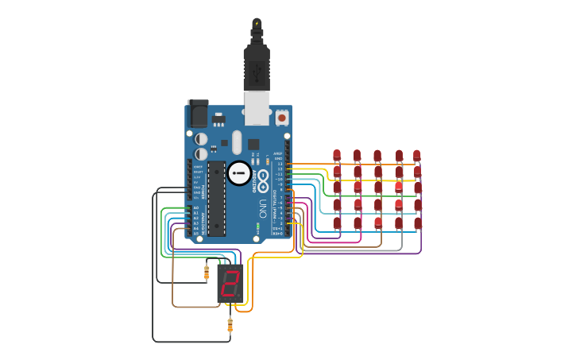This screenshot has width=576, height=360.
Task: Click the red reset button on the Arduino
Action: (x=282, y=118)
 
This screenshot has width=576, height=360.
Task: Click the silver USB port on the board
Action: (x=257, y=108)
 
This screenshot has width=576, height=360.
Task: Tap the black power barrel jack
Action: (x=198, y=114)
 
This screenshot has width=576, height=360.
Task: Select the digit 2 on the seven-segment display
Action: (x=230, y=284)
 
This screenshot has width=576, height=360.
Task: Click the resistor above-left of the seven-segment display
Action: (x=207, y=273)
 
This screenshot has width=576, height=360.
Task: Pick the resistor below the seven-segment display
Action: (x=230, y=324)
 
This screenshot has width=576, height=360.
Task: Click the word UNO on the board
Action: (x=263, y=208)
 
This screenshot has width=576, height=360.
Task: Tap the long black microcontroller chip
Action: (x=216, y=199)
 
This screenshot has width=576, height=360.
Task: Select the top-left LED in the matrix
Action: (x=337, y=155)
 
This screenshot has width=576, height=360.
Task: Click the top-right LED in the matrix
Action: (x=416, y=155)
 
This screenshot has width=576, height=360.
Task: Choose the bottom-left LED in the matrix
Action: (x=337, y=223)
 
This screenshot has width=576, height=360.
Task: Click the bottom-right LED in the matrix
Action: (x=418, y=223)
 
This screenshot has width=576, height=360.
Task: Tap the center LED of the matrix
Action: (x=378, y=188)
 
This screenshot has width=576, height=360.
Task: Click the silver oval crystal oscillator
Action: (x=237, y=142)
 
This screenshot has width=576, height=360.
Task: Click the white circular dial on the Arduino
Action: (x=239, y=173)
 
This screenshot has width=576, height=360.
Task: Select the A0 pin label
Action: (x=196, y=208)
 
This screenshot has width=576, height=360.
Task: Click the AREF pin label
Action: (x=277, y=154)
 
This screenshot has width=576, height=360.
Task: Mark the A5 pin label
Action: (x=196, y=234)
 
